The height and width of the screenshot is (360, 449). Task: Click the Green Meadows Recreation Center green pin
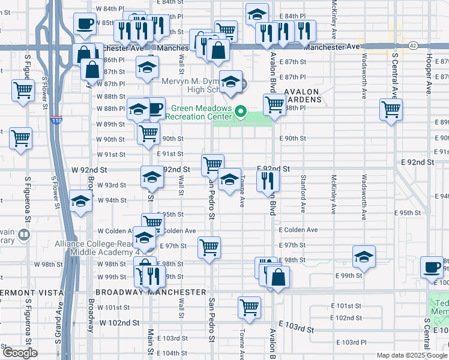(x=241, y=111)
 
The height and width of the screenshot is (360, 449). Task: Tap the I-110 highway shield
(x=56, y=121)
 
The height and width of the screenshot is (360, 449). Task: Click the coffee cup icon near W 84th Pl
(x=85, y=23)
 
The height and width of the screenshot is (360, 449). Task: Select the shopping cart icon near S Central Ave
(x=391, y=109)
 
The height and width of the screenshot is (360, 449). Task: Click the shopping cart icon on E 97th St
(x=209, y=246)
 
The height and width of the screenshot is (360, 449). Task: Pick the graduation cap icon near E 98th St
(x=364, y=257)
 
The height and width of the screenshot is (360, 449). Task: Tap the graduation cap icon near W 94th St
(x=80, y=202)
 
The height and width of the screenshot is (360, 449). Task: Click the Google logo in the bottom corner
(x=20, y=353)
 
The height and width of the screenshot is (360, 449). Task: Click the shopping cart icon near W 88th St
(x=23, y=91)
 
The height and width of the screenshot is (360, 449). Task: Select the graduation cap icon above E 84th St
(x=257, y=13)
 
